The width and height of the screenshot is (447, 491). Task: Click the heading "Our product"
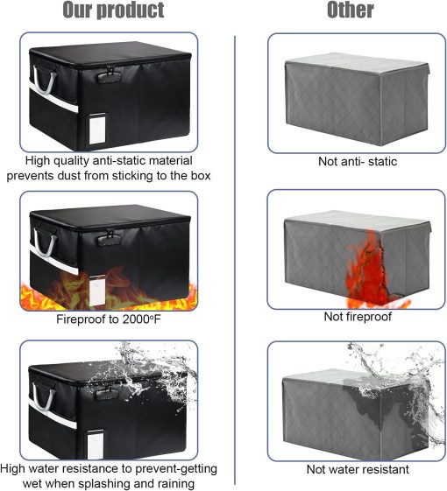[x=113, y=11]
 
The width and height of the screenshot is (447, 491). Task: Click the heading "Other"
[x=350, y=11]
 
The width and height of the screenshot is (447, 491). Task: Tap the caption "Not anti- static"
[x=356, y=162]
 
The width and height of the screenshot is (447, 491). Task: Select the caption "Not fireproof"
[x=356, y=316]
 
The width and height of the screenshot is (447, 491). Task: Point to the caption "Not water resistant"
[x=357, y=469]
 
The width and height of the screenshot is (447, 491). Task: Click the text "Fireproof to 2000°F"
[x=110, y=319]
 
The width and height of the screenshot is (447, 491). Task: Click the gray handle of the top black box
[x=43, y=83]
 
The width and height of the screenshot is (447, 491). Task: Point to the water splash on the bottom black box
[x=162, y=376]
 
